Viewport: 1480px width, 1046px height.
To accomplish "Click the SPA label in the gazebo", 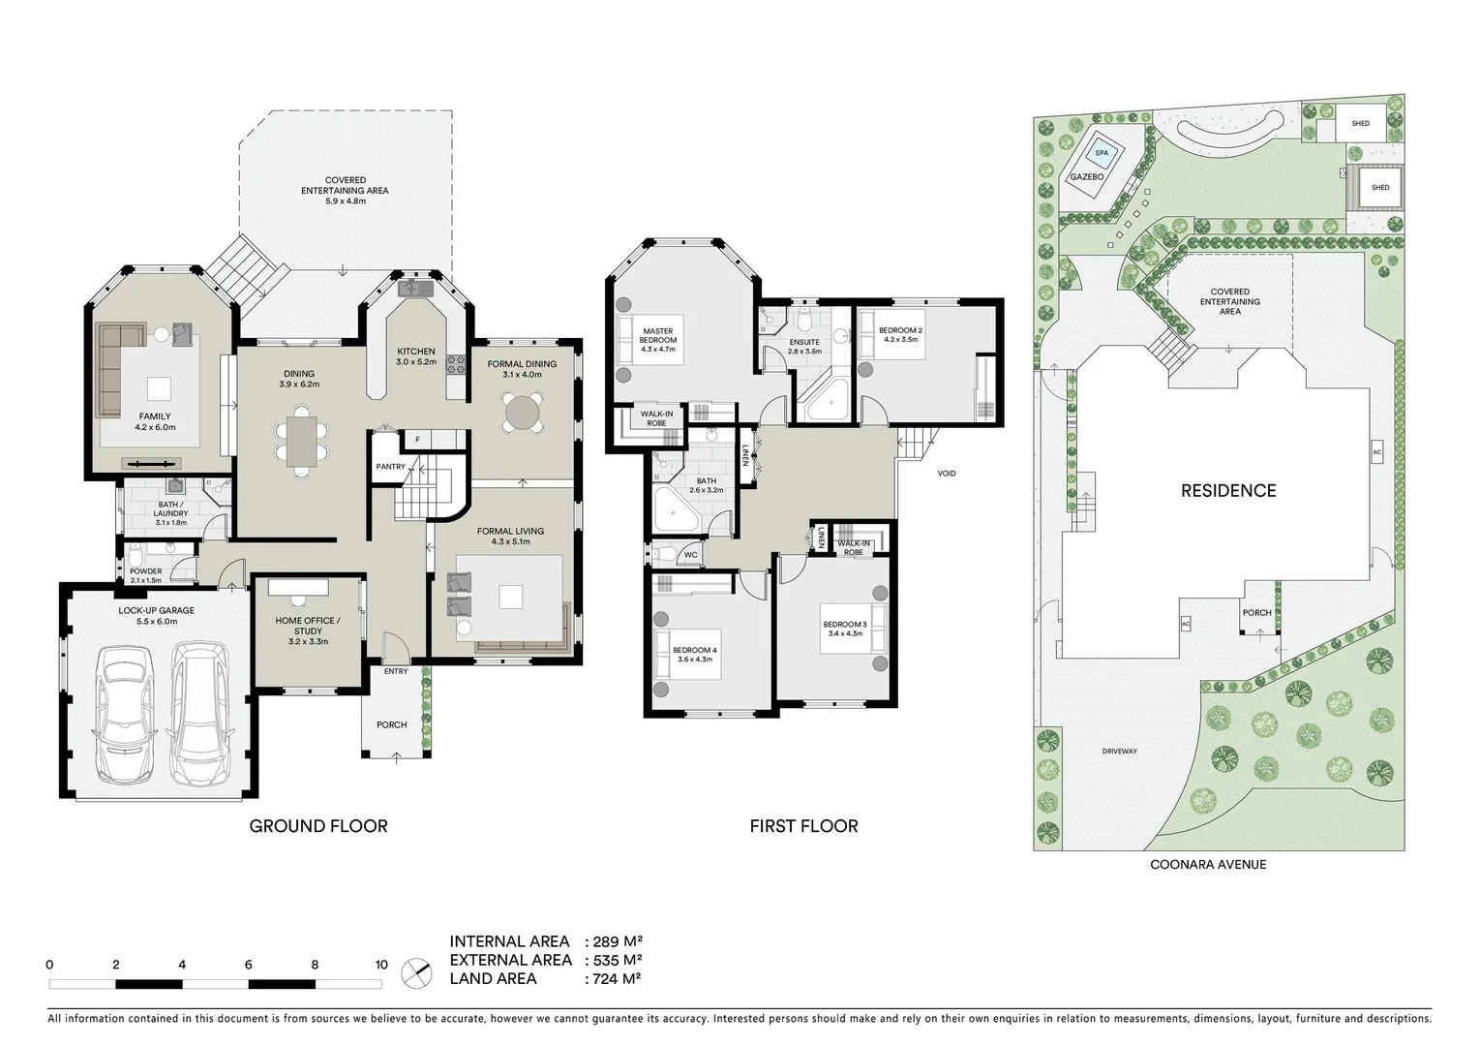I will (1101, 153).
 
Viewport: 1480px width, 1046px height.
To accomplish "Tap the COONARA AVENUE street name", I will (1207, 865).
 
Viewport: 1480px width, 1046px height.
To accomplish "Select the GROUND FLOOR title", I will (318, 826).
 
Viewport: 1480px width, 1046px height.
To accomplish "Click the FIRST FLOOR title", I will (803, 826).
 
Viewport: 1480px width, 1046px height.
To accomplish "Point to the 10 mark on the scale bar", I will (381, 965).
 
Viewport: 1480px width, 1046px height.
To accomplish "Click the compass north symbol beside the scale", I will (416, 970).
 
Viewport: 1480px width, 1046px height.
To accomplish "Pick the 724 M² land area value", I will (615, 978).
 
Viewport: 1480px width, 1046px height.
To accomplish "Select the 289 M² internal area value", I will (615, 941).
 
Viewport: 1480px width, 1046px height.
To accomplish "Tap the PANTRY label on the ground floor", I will (391, 467).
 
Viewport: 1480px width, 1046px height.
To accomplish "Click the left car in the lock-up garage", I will (123, 716).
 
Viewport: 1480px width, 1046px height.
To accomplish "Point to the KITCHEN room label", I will (416, 352).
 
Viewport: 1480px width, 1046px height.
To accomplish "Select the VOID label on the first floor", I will (947, 474).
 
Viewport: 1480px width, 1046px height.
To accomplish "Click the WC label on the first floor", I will (690, 555).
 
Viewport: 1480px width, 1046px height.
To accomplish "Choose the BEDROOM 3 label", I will (844, 625).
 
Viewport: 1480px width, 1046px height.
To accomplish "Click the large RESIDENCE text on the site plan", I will (1227, 491).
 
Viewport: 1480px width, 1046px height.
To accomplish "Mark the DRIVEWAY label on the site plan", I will (1119, 752).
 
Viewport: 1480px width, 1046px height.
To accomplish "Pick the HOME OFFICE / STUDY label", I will (308, 626).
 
